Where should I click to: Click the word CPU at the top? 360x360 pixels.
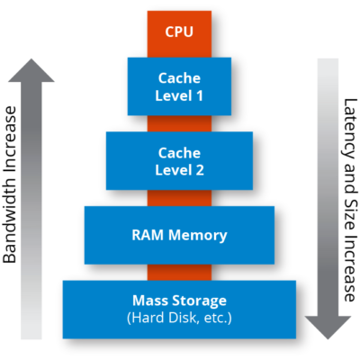(179, 31)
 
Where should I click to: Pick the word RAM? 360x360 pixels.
(148, 236)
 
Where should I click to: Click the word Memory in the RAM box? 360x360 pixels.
(195, 236)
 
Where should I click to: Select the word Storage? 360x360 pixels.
(200, 300)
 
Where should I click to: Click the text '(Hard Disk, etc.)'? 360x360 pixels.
(179, 318)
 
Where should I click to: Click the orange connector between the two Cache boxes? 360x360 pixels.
(179, 123)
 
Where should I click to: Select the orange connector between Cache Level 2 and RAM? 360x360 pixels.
(179, 197)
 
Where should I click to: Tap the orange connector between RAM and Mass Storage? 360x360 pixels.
(179, 271)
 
